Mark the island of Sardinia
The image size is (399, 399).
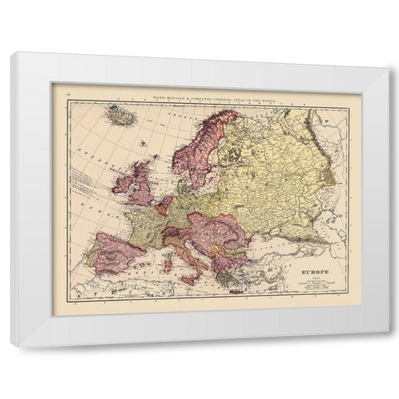click(x=169, y=266)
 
